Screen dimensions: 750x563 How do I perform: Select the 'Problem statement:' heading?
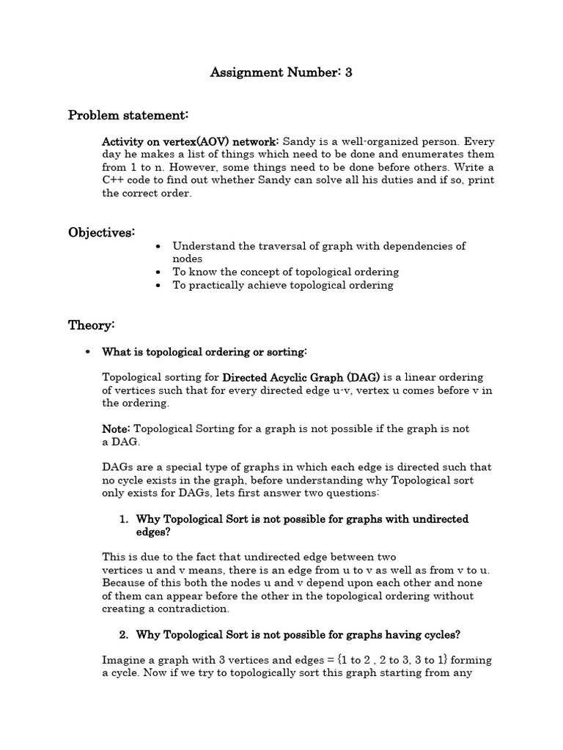128,115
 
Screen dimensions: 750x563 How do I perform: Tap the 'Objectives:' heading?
101,232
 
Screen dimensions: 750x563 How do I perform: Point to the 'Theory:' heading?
91,324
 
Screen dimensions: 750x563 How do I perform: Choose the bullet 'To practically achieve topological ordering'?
282,285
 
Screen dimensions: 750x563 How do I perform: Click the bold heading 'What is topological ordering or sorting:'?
205,352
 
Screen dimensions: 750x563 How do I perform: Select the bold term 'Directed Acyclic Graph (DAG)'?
301,377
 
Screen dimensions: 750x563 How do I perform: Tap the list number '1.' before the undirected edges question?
124,519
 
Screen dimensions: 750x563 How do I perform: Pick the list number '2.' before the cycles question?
124,634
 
